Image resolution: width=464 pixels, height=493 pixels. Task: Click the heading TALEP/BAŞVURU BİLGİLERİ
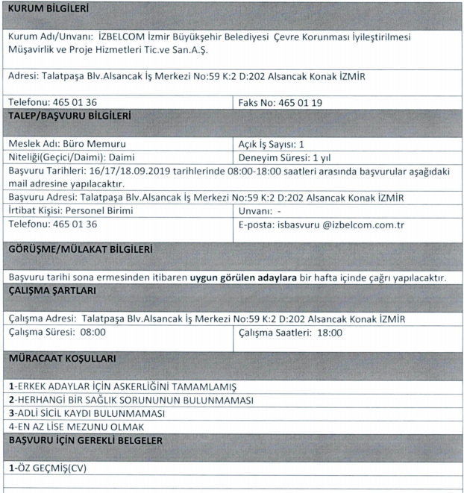pyautogui.click(x=69, y=116)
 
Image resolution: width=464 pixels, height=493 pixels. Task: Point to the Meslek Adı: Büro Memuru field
pyautogui.click(x=67, y=144)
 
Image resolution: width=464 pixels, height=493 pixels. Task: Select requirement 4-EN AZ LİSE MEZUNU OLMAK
pyautogui.click(x=84, y=427)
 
